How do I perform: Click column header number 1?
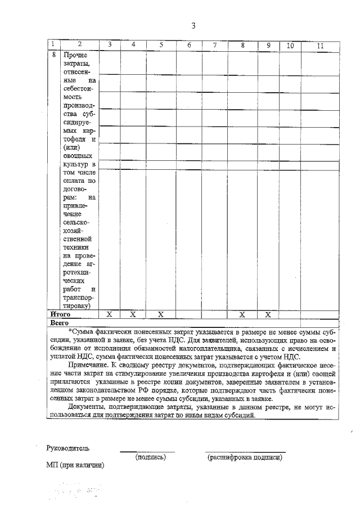pyautogui.click(x=52, y=44)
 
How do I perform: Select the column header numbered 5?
pyautogui.click(x=161, y=44)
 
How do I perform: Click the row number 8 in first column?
pyautogui.click(x=52, y=55)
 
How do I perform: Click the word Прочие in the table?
pyautogui.click(x=76, y=55)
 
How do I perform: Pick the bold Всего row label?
pyautogui.click(x=59, y=323)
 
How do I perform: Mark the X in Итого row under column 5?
pyautogui.click(x=161, y=314)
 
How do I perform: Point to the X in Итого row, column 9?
pyautogui.click(x=268, y=314)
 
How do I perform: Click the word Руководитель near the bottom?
pyautogui.click(x=68, y=448)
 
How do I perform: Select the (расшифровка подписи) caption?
pyautogui.click(x=244, y=457)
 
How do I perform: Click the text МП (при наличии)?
pyautogui.click(x=75, y=466)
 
